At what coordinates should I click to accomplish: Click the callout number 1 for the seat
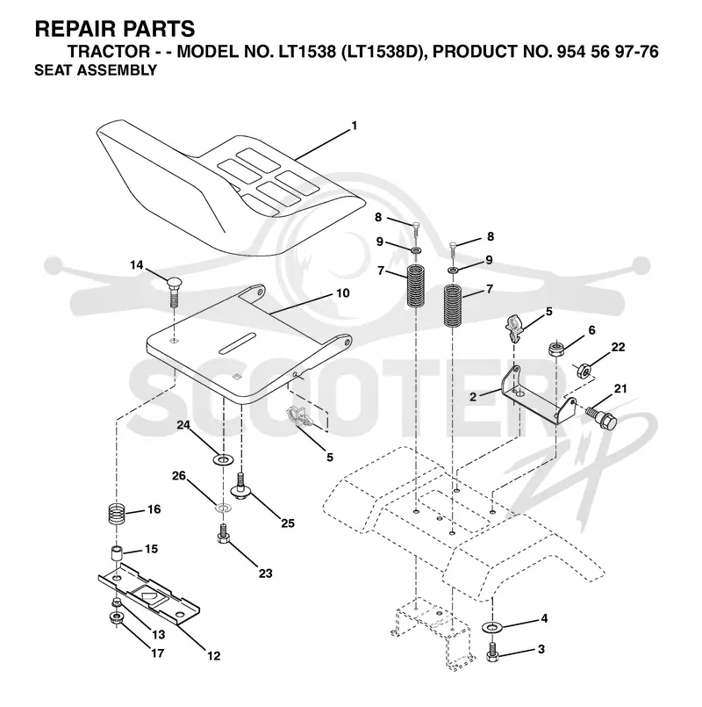tap(355, 126)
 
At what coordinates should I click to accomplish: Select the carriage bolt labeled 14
tap(174, 292)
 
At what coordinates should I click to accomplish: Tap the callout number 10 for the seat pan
tap(343, 293)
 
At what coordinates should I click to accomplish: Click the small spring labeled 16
tap(118, 514)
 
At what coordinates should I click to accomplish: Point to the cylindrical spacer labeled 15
tap(118, 552)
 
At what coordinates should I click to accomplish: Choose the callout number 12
tap(213, 655)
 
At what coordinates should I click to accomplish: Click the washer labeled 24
tap(223, 460)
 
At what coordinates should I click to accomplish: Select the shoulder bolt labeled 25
tap(242, 485)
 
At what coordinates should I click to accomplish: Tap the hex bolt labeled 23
tap(223, 533)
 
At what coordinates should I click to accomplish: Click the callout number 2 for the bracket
tap(473, 397)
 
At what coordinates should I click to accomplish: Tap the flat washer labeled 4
tap(492, 627)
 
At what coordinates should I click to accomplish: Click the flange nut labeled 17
tap(116, 617)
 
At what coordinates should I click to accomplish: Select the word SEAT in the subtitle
tap(51, 70)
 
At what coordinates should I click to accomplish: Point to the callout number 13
tap(158, 635)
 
